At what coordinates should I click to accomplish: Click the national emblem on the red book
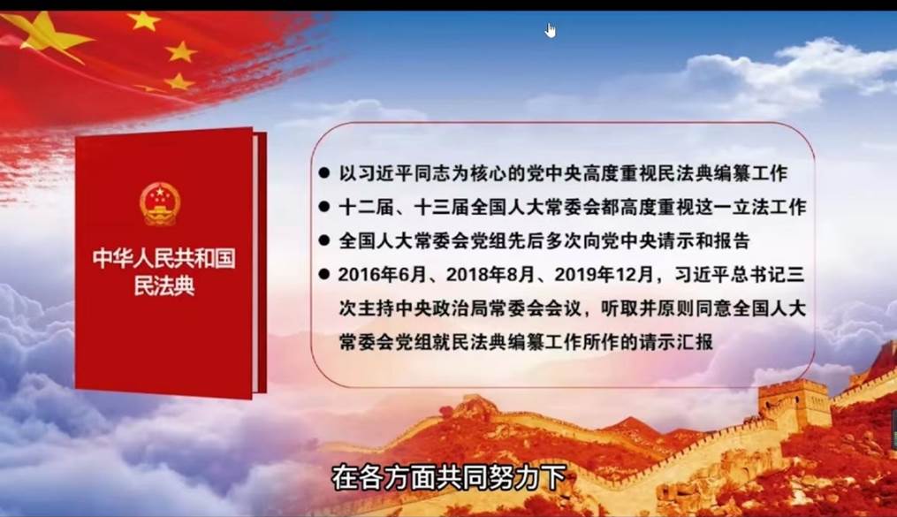pos(160,203)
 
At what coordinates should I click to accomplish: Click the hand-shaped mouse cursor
pos(551,30)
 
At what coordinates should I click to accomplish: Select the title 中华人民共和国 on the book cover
pos(164,258)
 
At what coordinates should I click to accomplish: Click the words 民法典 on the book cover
pos(164,286)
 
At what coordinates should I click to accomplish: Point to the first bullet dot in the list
pos(324,172)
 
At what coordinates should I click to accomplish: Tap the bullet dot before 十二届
pos(324,207)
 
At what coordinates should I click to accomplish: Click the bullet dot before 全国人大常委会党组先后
pos(324,240)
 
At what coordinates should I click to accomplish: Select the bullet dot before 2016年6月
pos(324,275)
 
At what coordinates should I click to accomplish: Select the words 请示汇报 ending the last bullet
pos(676,342)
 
